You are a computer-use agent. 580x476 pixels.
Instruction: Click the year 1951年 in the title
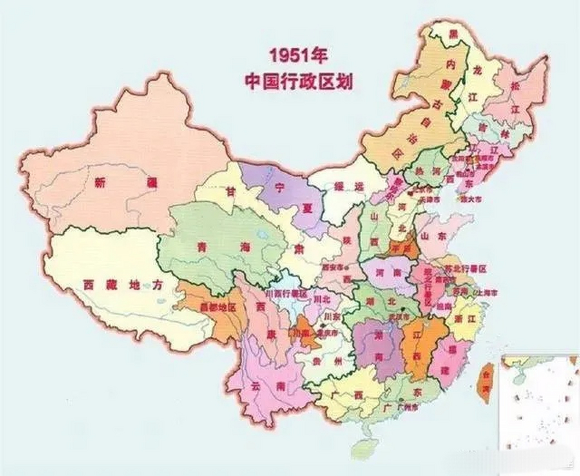299,56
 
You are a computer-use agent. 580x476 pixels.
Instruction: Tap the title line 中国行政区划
299,81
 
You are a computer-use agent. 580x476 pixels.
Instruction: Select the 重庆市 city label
328,333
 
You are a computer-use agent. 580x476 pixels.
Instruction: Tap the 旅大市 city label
471,199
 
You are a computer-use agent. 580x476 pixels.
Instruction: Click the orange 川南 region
303,332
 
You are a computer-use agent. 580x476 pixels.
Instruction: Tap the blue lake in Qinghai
262,235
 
